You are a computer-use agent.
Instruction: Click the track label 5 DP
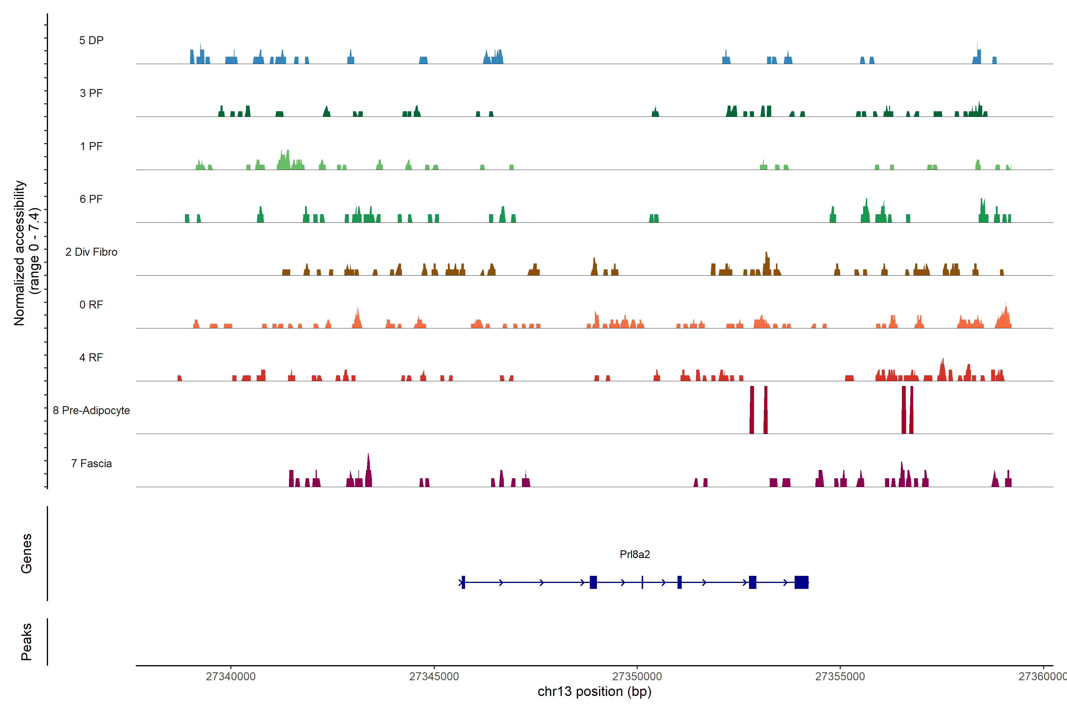[x=91, y=40]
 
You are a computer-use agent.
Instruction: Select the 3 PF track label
[x=91, y=93]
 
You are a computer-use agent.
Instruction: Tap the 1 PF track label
[x=91, y=146]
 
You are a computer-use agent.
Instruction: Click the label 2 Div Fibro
[x=91, y=252]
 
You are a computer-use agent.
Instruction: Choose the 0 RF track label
[x=91, y=305]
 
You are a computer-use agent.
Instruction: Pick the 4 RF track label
[x=91, y=357]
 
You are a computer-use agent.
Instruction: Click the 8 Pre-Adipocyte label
[x=91, y=411]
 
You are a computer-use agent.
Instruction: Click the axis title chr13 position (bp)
[x=594, y=692]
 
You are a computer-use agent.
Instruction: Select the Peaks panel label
[x=26, y=642]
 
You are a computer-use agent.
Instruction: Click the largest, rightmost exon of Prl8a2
[x=802, y=582]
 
